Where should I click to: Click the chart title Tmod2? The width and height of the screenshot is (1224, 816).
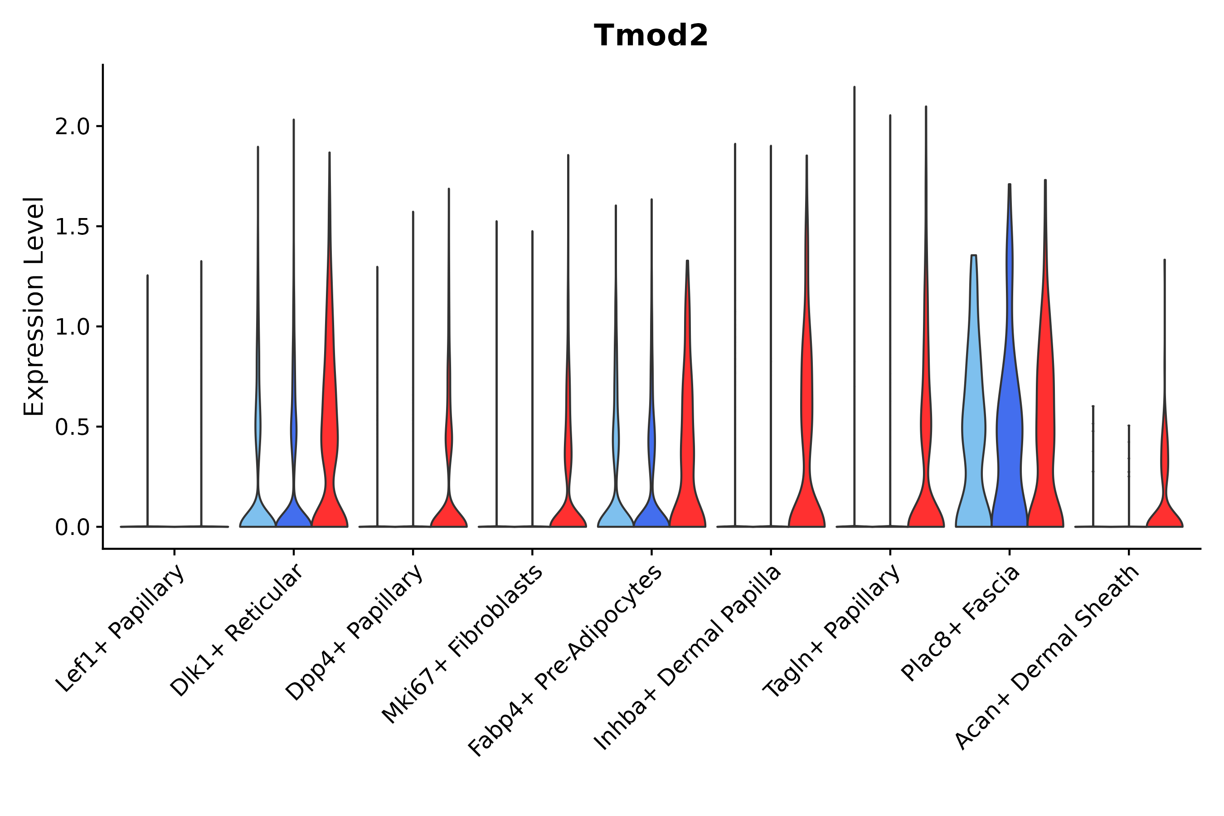pyautogui.click(x=651, y=36)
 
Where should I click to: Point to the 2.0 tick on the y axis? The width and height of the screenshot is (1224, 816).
pyautogui.click(x=73, y=127)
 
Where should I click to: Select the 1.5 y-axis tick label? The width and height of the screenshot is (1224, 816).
pyautogui.click(x=73, y=227)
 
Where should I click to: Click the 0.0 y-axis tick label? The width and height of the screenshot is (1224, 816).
pyautogui.click(x=73, y=528)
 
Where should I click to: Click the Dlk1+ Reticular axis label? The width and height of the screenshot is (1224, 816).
pyautogui.click(x=237, y=631)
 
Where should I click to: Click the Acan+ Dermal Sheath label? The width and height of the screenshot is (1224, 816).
pyautogui.click(x=1047, y=658)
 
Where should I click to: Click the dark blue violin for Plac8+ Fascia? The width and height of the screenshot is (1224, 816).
pyautogui.click(x=1009, y=442)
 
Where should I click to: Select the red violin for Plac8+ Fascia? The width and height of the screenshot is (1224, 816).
pyautogui.click(x=1045, y=442)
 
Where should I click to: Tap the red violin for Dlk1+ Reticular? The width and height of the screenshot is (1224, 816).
pyautogui.click(x=330, y=442)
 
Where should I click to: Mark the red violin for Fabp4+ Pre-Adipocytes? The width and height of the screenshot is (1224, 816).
pyautogui.click(x=687, y=442)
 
